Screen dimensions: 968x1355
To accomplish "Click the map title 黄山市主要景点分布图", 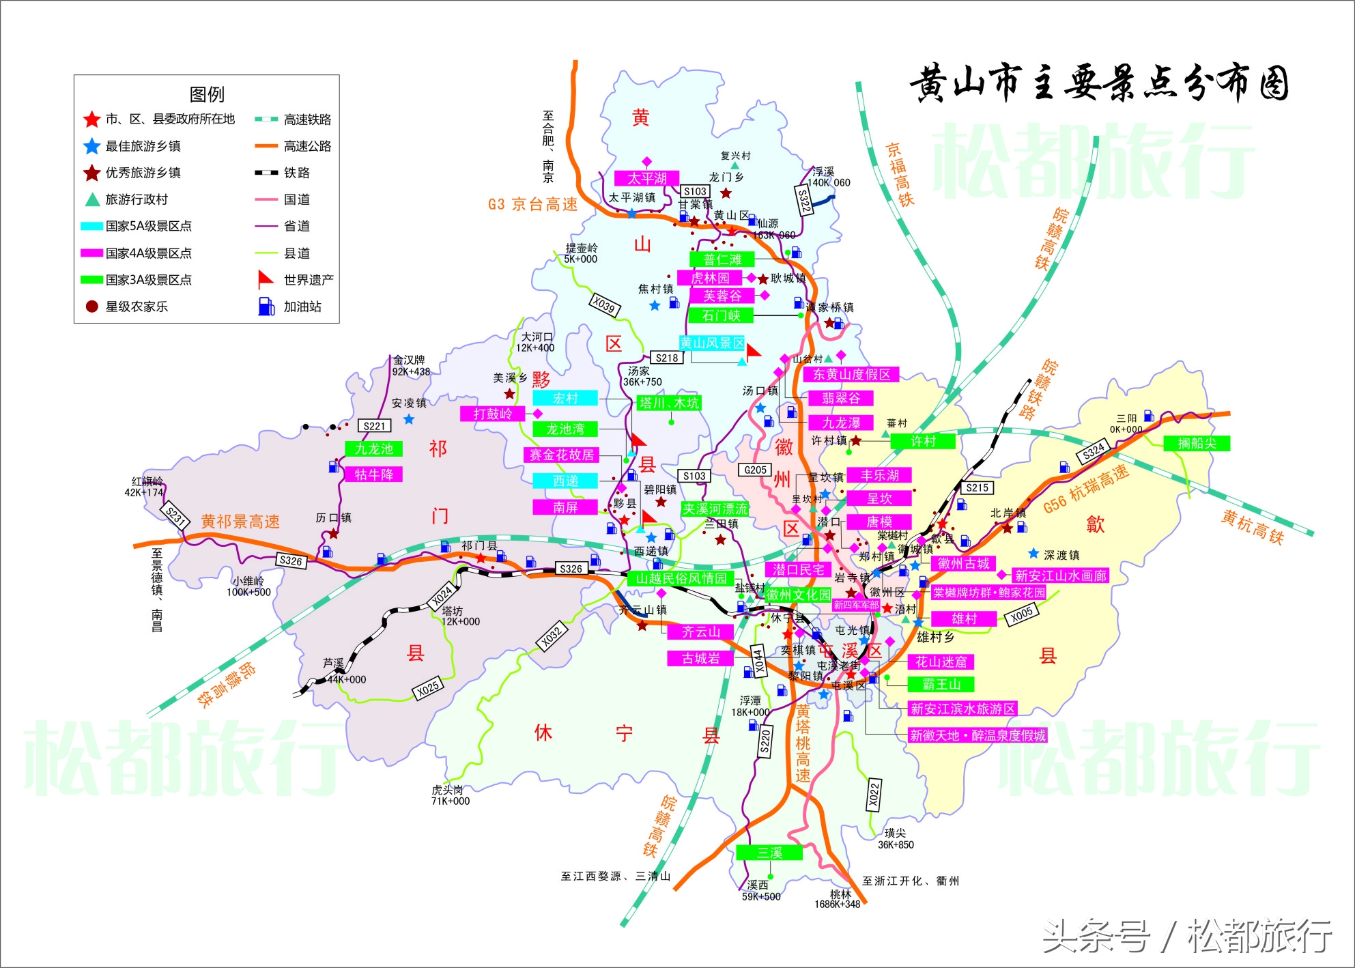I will click(1098, 84).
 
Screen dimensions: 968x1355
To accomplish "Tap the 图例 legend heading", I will click(206, 94).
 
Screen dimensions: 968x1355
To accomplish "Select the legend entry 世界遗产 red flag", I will click(265, 280).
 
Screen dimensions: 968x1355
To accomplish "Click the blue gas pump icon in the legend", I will click(266, 307).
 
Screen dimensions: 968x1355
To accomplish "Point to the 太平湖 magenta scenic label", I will click(646, 178).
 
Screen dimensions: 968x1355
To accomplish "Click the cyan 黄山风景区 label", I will click(712, 343).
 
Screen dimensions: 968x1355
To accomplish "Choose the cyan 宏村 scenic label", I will click(565, 398).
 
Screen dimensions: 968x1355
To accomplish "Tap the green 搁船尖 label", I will click(1197, 443).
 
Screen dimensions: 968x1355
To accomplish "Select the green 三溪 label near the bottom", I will click(769, 853).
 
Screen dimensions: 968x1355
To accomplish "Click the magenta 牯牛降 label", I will click(373, 474).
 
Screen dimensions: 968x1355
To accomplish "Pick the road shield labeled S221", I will click(374, 426).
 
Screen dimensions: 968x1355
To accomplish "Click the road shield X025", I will click(428, 689).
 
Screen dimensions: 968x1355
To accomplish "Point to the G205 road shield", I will click(755, 470).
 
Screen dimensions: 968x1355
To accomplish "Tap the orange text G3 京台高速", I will click(532, 204).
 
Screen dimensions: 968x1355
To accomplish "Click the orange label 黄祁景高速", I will click(240, 522).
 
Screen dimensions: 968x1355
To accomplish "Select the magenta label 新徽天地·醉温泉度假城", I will click(978, 735).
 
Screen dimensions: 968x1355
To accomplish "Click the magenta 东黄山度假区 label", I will click(851, 374).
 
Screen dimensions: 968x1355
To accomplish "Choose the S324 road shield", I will click(1094, 451).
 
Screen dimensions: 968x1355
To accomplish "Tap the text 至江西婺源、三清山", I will click(615, 877).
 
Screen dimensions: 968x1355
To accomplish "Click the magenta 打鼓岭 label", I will click(493, 414).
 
